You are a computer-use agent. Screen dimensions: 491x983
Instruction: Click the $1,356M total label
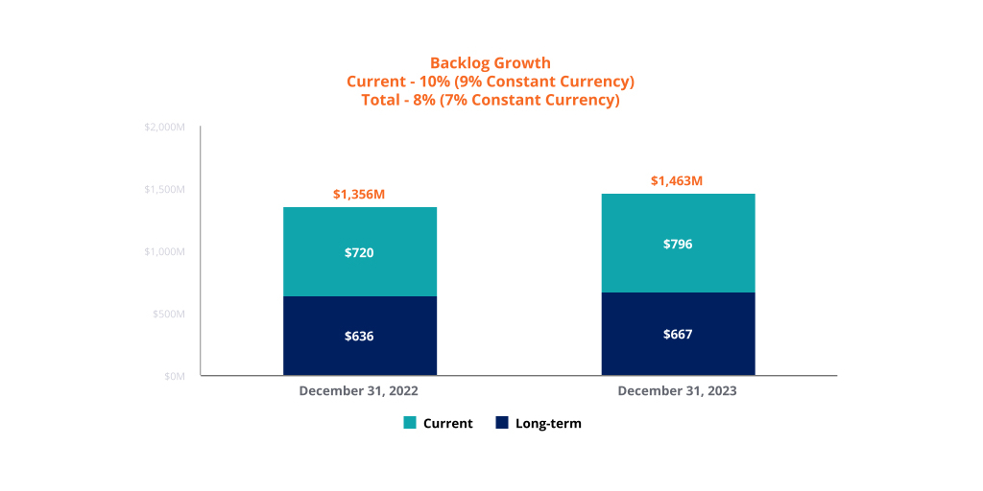(x=359, y=195)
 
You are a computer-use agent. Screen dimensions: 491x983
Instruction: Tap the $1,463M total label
(x=677, y=181)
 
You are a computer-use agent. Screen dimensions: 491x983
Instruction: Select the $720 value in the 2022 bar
(x=359, y=253)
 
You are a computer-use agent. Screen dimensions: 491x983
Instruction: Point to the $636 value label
(x=359, y=337)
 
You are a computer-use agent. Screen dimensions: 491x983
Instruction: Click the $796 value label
(x=678, y=245)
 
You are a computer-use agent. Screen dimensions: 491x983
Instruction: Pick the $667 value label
(x=678, y=335)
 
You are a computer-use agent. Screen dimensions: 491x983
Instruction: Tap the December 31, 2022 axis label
(x=358, y=391)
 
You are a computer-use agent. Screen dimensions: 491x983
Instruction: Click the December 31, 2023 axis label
(x=677, y=391)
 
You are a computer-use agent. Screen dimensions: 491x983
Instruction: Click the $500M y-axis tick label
(x=168, y=314)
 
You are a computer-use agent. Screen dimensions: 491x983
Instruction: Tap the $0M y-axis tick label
(x=174, y=376)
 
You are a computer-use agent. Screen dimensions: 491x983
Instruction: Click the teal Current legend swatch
(x=410, y=423)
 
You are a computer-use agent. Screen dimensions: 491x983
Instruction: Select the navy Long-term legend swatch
(x=502, y=423)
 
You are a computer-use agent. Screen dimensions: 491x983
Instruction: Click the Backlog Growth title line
(x=491, y=64)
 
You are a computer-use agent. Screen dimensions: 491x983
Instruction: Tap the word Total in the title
(x=382, y=100)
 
